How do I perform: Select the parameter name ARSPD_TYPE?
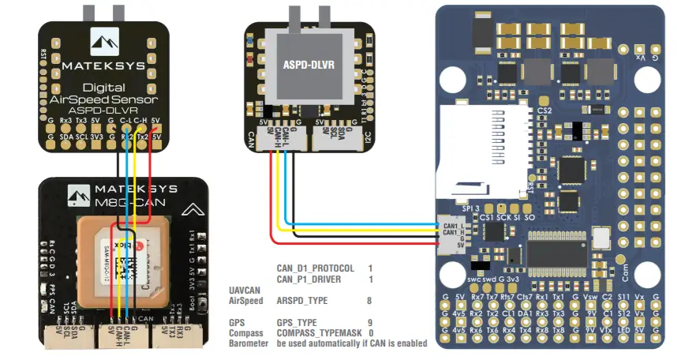click(301, 301)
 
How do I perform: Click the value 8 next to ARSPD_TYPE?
click(370, 301)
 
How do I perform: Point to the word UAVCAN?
click(245, 290)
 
